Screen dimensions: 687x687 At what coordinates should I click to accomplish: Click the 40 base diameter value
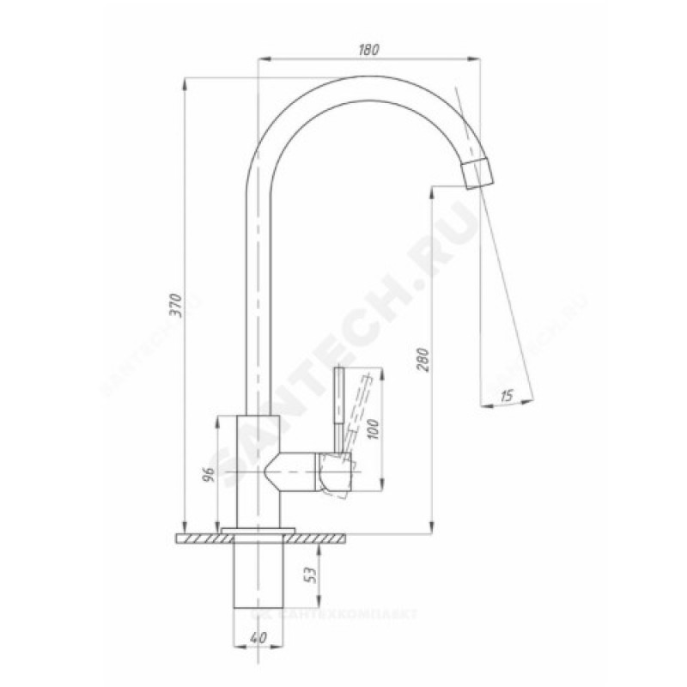coord(257,639)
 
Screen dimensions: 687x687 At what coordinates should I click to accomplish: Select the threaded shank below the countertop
coord(258,575)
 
